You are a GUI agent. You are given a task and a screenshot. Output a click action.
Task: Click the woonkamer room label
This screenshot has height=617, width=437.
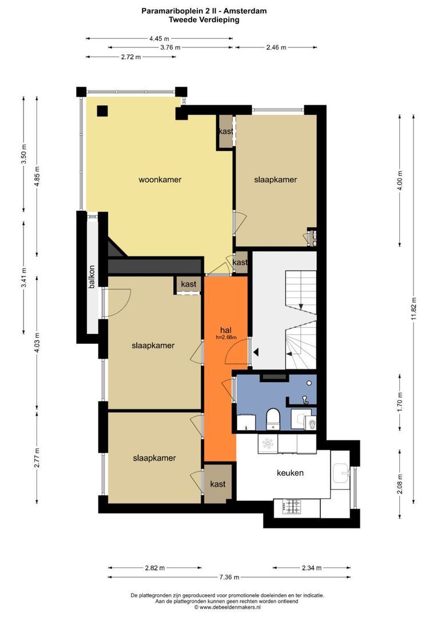click(160, 180)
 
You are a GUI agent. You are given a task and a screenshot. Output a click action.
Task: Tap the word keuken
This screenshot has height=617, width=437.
click(290, 472)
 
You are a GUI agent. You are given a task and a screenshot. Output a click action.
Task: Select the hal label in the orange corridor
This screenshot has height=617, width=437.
click(226, 330)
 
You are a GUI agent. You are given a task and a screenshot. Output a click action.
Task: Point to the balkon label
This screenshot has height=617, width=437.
click(92, 277)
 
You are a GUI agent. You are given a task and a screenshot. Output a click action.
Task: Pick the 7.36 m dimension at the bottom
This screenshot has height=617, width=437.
click(229, 577)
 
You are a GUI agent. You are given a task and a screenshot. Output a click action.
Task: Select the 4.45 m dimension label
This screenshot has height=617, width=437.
click(159, 39)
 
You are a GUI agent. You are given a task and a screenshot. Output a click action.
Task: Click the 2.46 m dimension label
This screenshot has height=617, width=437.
click(276, 47)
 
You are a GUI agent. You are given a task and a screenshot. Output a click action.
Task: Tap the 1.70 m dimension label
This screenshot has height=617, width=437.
click(400, 402)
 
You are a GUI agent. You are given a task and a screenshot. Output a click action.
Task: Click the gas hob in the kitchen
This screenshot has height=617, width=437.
click(292, 506)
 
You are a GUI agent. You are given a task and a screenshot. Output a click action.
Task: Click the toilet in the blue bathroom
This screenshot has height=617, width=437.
click(272, 419)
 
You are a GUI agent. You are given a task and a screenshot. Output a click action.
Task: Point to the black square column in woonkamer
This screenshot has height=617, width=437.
click(102, 111)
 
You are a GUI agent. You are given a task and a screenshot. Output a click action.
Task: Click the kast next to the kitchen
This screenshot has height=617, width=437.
click(217, 484)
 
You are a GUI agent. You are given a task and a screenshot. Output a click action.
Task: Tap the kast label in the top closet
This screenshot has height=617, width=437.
click(226, 131)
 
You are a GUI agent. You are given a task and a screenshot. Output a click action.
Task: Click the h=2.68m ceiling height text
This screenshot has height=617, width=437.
click(226, 337)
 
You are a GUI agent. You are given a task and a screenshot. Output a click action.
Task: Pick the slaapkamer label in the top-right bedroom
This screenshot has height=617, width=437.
click(276, 180)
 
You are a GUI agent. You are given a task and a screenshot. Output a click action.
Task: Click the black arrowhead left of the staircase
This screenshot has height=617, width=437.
click(256, 352)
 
